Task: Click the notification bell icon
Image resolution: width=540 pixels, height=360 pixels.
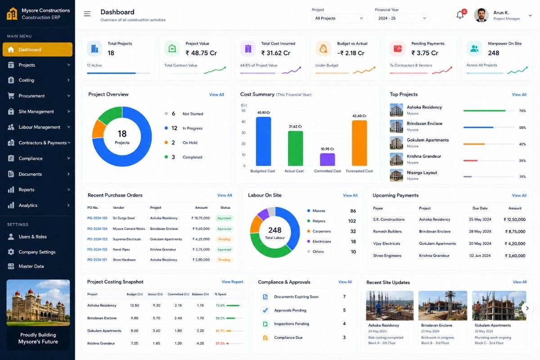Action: (x=460, y=15)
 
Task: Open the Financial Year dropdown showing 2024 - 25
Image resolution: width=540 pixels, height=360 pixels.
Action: (x=402, y=18)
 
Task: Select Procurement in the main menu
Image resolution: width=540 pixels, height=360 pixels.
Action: (x=31, y=96)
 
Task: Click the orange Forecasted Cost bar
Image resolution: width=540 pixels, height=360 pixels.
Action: (x=359, y=143)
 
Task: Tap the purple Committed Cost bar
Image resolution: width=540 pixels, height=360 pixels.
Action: (x=327, y=159)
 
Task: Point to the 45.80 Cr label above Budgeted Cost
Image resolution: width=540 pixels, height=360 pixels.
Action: (x=264, y=112)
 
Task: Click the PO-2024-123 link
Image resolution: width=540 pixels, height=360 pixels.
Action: (x=97, y=239)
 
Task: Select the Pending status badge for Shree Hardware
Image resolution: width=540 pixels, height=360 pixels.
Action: (x=224, y=260)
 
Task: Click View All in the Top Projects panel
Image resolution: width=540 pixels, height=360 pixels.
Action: (x=519, y=94)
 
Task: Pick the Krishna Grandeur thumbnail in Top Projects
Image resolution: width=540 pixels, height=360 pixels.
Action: (x=396, y=159)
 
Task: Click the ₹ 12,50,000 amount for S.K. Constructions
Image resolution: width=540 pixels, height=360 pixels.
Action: (x=514, y=220)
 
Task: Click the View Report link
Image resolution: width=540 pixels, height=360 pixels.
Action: (x=232, y=282)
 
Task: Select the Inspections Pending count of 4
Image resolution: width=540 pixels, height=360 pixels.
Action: (x=344, y=324)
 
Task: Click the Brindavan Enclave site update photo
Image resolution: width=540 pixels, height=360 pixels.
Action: (x=443, y=306)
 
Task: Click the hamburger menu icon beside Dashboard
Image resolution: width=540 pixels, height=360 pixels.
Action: (x=87, y=14)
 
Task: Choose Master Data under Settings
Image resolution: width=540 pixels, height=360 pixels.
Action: (x=31, y=266)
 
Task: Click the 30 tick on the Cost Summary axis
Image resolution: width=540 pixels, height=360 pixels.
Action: (x=243, y=133)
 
